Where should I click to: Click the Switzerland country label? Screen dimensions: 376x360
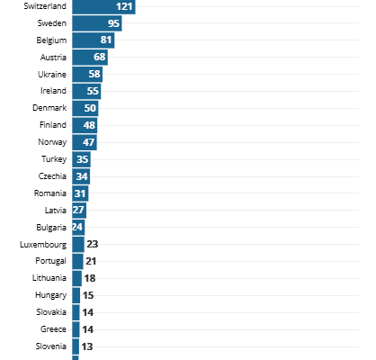pos(45,6)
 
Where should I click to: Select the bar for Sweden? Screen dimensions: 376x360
pos(97,23)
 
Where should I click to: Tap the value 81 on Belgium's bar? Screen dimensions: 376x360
pos(106,40)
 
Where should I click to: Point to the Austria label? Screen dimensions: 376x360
pos(53,57)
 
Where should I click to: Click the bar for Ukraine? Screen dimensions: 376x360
pos(87,74)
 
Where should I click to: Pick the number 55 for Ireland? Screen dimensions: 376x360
pos(93,91)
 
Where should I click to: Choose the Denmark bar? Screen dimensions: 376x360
pos(85,108)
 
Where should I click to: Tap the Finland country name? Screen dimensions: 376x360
pos(53,124)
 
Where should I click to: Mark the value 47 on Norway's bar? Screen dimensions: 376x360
pos(88,142)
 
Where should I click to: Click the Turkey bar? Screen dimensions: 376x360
pos(81,159)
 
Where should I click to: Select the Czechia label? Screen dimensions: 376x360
pos(52,176)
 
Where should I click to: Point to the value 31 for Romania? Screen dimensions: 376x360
pos(80,193)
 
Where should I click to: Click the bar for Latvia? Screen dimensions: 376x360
pos(79,211)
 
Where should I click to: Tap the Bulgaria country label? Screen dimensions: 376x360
pos(51,228)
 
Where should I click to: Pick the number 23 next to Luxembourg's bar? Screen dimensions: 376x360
pos(93,244)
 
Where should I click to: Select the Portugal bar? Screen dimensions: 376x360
pos(77,261)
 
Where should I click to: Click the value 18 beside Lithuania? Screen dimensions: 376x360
pos(90,278)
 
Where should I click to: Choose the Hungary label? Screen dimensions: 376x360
pos(51,295)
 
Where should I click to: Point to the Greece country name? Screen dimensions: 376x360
pos(53,329)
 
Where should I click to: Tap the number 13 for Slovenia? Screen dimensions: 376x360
pos(87,346)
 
